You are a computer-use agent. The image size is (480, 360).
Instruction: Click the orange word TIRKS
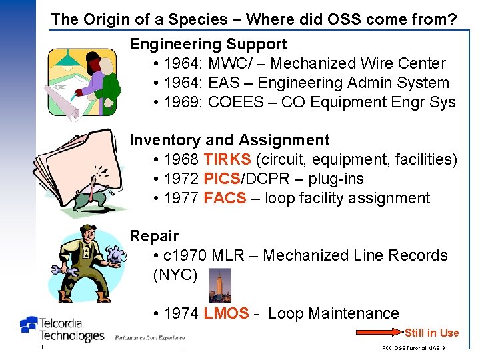227,160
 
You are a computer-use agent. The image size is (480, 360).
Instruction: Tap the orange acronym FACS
225,199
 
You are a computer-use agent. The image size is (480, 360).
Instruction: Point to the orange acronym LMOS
227,314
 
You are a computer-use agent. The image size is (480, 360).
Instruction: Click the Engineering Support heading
208,45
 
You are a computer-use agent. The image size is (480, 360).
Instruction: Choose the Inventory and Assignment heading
229,141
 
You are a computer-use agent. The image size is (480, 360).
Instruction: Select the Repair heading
154,236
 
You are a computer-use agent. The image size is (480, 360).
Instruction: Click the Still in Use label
431,333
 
